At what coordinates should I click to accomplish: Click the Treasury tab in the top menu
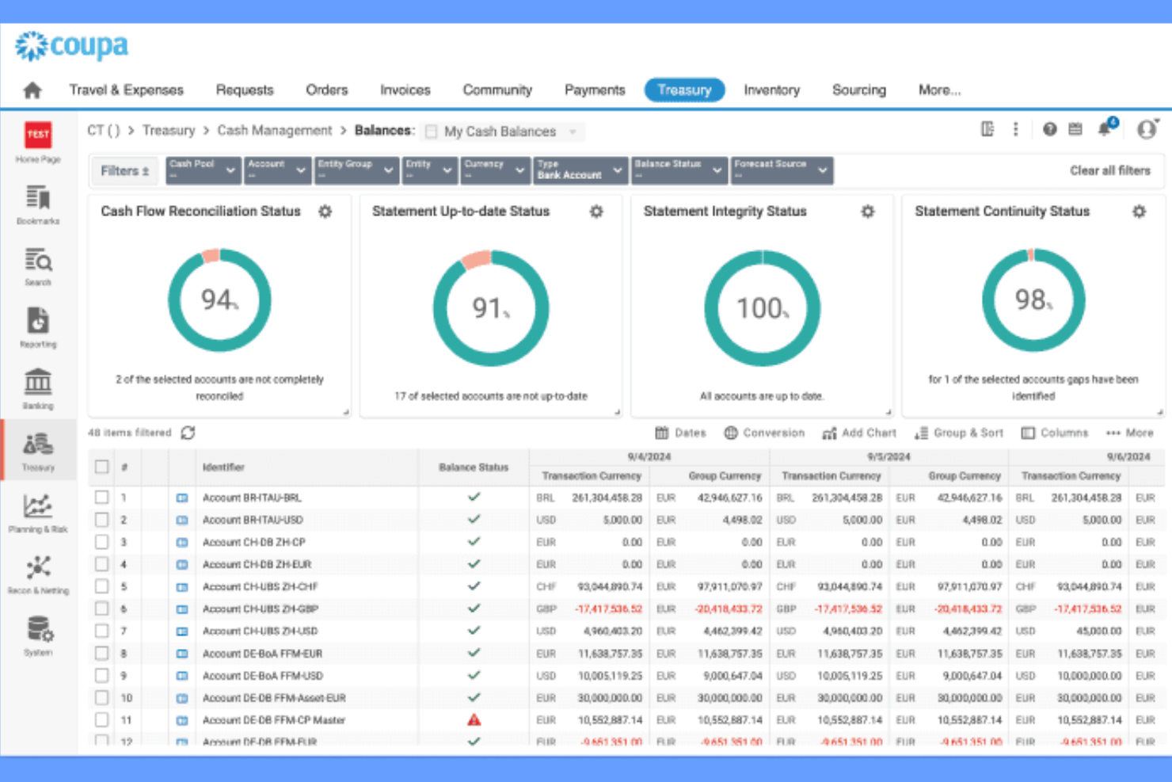point(683,90)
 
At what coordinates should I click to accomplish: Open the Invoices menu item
point(405,90)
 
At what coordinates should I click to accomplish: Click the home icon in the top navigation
point(32,90)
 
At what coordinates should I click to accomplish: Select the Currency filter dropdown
point(494,170)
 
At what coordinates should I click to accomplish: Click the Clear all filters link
point(1109,170)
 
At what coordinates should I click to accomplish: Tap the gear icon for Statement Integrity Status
point(868,212)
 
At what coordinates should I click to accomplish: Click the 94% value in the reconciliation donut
point(219,300)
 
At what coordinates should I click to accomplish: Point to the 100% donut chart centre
point(762,308)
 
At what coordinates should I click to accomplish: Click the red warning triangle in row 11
point(474,720)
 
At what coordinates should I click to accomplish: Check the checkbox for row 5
point(101,586)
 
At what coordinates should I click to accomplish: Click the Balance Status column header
point(474,467)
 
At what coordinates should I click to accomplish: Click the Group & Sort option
point(959,433)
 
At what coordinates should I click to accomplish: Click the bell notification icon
point(1105,129)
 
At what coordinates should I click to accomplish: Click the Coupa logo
point(71,46)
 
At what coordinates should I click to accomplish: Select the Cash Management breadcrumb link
point(275,131)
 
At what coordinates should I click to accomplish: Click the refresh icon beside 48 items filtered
point(188,433)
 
